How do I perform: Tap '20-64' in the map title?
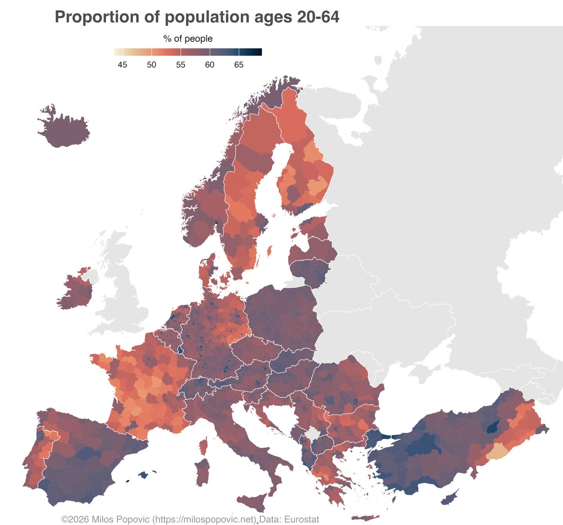click(x=317, y=17)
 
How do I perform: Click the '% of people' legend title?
click(x=188, y=39)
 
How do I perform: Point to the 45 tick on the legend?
click(x=122, y=65)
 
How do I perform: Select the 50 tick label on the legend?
click(x=151, y=65)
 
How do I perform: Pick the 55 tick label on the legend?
click(x=181, y=65)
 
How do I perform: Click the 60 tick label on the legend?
click(x=210, y=65)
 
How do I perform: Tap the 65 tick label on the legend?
click(x=239, y=65)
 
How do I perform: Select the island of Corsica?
click(x=203, y=445)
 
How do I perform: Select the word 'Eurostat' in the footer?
click(x=301, y=520)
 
